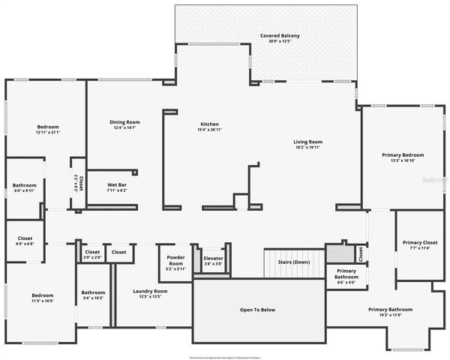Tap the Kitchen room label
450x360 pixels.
[209, 124]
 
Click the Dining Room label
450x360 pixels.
[125, 121]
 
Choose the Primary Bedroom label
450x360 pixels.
[398, 154]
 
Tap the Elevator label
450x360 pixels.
[213, 257]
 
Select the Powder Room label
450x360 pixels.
[175, 260]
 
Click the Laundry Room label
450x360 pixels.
[150, 291]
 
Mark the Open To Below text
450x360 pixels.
[257, 309]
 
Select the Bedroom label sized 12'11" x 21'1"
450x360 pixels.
[48, 127]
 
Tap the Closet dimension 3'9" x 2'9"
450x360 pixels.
[92, 257]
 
